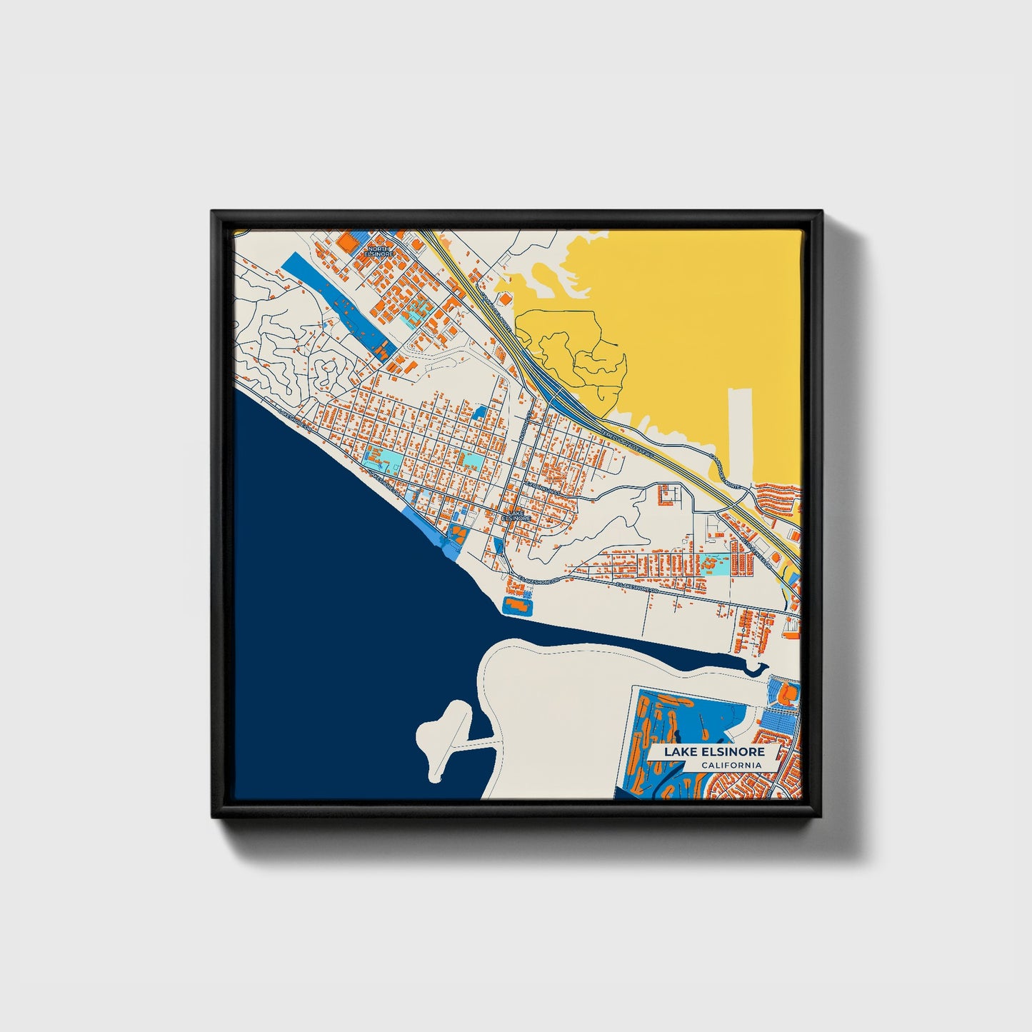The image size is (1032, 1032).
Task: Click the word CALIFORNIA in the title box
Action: point(731,766)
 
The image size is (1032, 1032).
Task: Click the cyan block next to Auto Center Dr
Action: point(714,564)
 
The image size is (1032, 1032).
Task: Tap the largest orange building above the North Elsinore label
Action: point(346,241)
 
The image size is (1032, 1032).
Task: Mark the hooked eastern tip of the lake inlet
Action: point(758,667)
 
